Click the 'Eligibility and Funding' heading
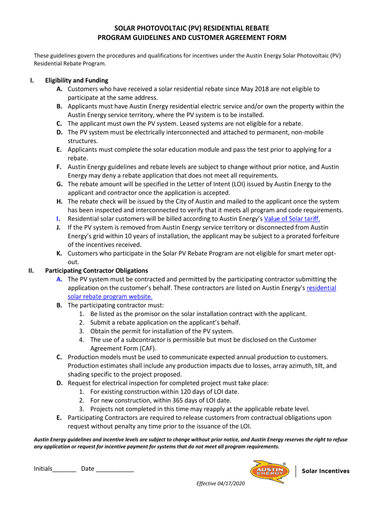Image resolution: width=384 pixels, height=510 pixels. [76, 80]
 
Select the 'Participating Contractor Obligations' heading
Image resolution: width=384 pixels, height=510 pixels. [96, 271]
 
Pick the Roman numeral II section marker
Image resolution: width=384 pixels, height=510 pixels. [31, 271]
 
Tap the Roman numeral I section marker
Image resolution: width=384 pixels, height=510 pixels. [32, 80]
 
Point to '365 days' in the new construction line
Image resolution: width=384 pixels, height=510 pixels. [182, 400]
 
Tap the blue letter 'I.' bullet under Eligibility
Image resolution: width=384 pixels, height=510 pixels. [59, 219]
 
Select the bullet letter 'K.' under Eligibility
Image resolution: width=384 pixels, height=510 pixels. [59, 254]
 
